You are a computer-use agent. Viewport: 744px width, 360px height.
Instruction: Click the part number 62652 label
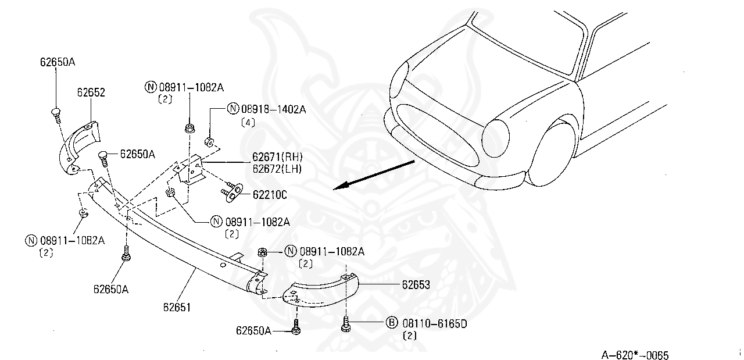click(x=91, y=92)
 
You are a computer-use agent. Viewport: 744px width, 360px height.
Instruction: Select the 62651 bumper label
click(x=177, y=306)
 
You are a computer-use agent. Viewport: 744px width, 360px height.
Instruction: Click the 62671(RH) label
click(x=277, y=158)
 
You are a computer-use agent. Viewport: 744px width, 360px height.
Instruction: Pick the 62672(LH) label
click(x=277, y=169)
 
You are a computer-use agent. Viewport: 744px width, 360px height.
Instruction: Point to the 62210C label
click(x=269, y=195)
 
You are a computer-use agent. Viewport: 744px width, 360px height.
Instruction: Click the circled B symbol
click(x=391, y=323)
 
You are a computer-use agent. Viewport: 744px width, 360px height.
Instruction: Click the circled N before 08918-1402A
click(x=233, y=108)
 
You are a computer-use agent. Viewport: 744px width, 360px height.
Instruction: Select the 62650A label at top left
click(x=58, y=61)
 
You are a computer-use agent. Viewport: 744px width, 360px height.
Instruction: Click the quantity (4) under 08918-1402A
click(x=248, y=123)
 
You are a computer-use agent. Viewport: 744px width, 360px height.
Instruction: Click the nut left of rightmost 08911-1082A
click(x=262, y=252)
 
